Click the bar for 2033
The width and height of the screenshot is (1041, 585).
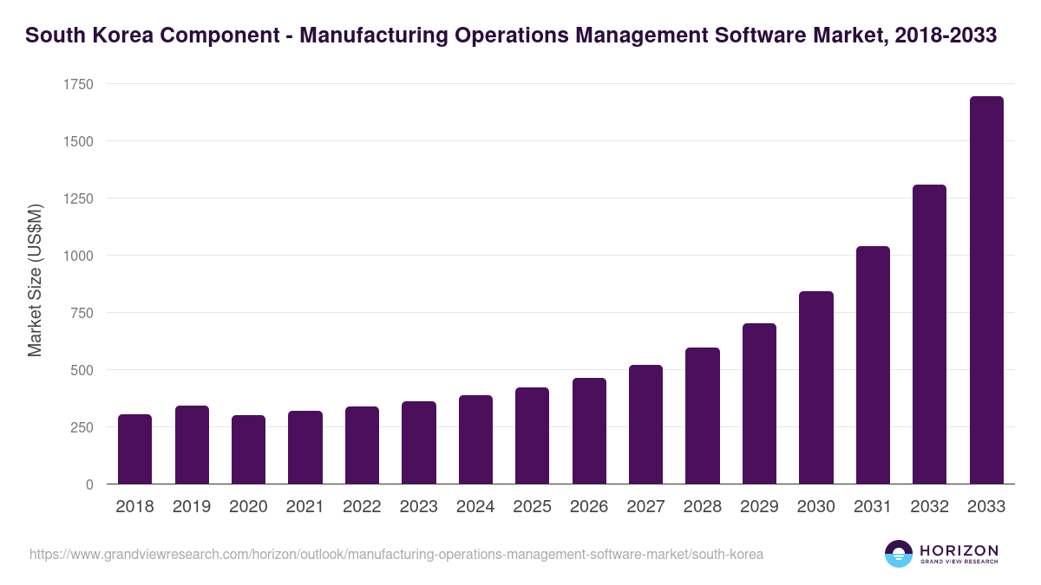(x=985, y=290)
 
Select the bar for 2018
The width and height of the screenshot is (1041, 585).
(x=134, y=449)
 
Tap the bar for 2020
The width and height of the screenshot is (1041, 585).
(x=248, y=450)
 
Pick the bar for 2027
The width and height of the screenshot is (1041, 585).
(x=645, y=425)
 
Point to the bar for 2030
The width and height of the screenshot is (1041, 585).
(x=815, y=387)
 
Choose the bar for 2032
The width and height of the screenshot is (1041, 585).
(x=929, y=335)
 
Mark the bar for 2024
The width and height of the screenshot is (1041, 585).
(x=475, y=439)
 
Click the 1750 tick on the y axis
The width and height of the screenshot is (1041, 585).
(x=78, y=84)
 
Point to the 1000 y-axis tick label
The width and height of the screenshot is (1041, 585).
(x=78, y=256)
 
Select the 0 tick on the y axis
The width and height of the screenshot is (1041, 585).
(x=88, y=484)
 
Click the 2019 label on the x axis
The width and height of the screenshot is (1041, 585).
(x=191, y=507)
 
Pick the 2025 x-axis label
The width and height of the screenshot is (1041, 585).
(x=532, y=507)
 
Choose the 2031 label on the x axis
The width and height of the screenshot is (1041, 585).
(x=873, y=507)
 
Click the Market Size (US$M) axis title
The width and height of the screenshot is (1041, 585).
(x=35, y=280)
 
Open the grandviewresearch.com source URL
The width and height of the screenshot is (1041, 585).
(x=396, y=554)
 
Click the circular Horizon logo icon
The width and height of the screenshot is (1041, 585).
(x=899, y=554)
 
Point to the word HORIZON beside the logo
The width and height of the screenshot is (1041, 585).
(x=959, y=549)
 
